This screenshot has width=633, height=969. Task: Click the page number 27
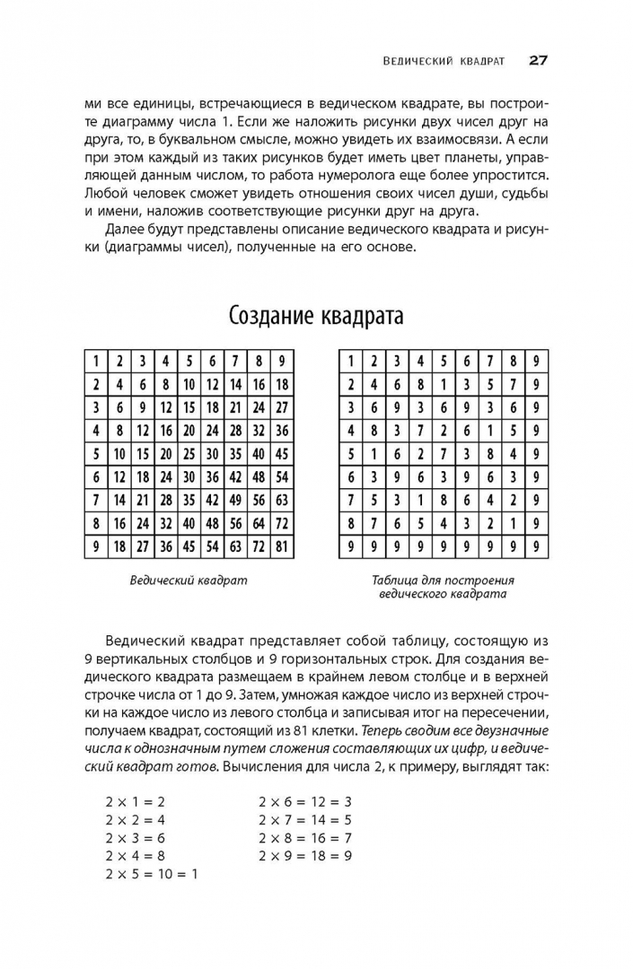pos(538,61)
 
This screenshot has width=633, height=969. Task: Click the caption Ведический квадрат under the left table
pos(189,581)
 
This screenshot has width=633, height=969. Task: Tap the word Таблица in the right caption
pos(396,581)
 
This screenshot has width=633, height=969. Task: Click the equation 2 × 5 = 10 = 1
pos(151,873)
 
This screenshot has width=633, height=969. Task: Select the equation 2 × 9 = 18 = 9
pos(304,855)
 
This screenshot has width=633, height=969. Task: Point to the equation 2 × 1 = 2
pos(135,801)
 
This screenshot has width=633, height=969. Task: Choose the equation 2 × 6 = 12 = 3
pos(304,801)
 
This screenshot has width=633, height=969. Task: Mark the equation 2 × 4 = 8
pos(135,855)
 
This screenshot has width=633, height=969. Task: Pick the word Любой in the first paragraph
pos(104,194)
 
